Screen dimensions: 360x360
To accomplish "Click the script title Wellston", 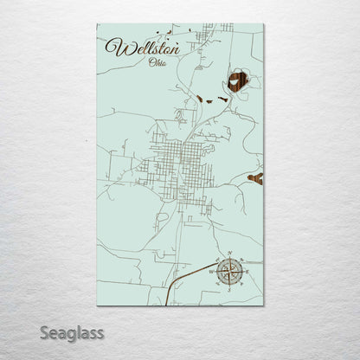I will point(142,48).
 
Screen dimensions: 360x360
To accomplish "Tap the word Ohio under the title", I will point(158,63).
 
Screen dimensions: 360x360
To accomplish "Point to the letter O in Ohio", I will point(151,63).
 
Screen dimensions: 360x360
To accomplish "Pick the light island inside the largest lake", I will point(241,80).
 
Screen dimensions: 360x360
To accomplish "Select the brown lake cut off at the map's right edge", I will point(256,178).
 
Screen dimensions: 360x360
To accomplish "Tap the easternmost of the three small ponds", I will point(223,100).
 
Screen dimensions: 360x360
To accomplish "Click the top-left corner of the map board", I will point(98,24).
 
